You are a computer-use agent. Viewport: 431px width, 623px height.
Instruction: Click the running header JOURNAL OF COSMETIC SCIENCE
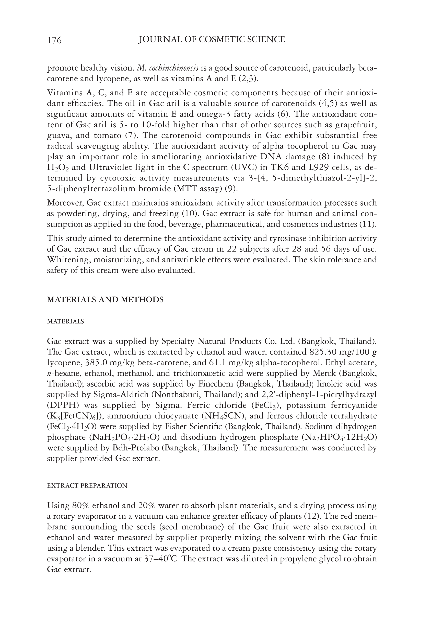click(x=212, y=39)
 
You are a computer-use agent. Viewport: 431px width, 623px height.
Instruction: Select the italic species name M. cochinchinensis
click(x=168, y=68)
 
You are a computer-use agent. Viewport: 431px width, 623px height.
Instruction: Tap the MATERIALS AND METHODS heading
click(x=105, y=300)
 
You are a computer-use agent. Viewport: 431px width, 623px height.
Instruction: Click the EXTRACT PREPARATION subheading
click(x=87, y=485)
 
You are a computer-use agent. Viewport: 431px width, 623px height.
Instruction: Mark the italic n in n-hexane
click(x=49, y=374)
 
